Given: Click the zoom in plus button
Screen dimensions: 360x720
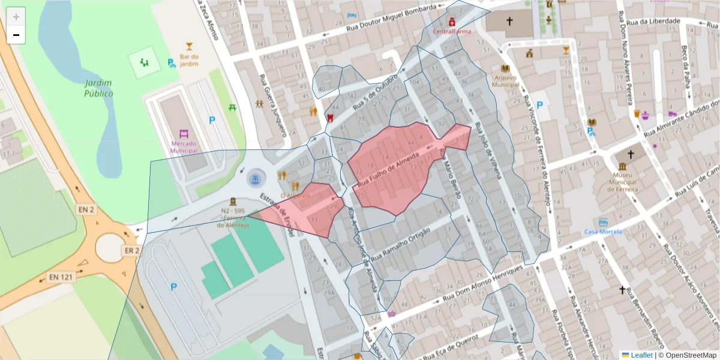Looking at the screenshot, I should coord(16,17).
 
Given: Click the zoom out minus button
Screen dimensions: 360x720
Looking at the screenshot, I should coord(16,35).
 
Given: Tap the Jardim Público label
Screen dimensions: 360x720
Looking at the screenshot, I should coord(98,88).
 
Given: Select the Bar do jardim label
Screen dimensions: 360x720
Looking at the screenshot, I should coord(189,59).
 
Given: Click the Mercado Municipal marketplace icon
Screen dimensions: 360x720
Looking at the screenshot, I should coord(184,133).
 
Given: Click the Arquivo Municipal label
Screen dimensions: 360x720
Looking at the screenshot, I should coord(506,81).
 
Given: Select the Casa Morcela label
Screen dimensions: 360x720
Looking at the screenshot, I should coord(603,232).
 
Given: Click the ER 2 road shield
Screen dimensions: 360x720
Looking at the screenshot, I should coord(131,250).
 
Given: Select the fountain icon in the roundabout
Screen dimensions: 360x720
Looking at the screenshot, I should coord(256,178).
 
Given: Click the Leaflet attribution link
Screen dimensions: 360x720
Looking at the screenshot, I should coord(641,355).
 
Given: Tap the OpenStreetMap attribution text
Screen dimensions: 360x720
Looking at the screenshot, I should coord(689,355).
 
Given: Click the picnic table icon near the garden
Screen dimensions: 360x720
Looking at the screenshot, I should coord(232,107).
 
